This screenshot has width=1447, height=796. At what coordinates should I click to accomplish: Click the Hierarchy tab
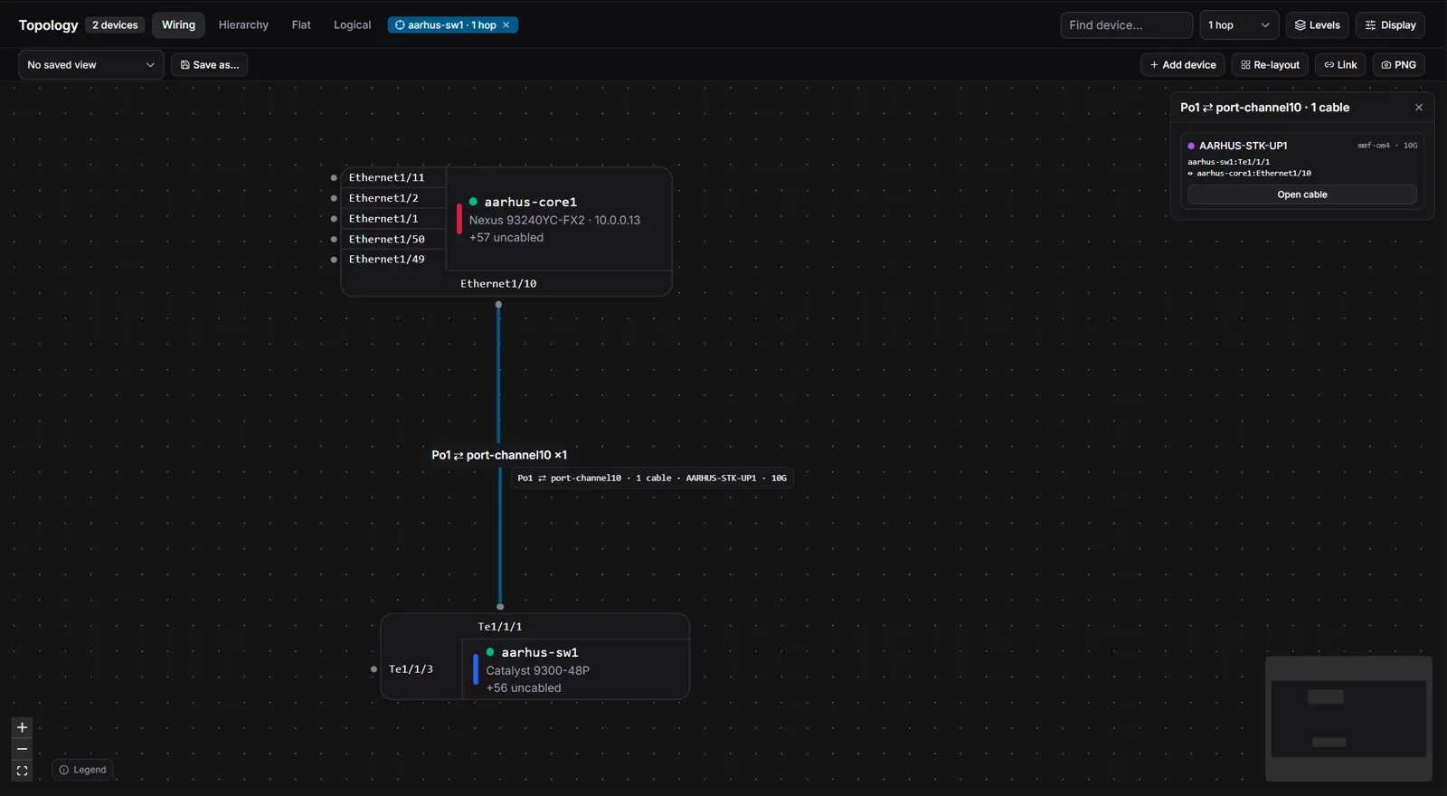click(x=243, y=24)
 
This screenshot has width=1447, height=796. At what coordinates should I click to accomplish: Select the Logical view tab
click(x=352, y=24)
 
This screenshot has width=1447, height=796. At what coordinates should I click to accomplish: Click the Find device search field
click(x=1126, y=25)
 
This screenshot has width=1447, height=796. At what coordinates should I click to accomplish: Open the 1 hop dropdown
click(x=1238, y=25)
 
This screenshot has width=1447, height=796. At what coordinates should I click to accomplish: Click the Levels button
click(x=1317, y=25)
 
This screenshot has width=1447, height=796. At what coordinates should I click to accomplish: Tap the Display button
click(x=1390, y=25)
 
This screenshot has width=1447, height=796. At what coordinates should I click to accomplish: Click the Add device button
click(x=1182, y=64)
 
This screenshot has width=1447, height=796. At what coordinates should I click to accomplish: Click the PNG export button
click(x=1398, y=64)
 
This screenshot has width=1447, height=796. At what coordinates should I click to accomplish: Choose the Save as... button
click(x=209, y=64)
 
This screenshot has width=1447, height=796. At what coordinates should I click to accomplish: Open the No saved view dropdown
click(x=91, y=64)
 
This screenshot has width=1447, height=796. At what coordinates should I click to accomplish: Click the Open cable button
click(x=1301, y=194)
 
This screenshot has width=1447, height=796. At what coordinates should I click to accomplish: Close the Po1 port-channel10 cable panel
click(x=1419, y=108)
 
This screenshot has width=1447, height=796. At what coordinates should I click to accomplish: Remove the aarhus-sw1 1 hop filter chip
click(x=506, y=24)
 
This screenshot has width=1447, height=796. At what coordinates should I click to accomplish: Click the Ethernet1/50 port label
click(x=387, y=239)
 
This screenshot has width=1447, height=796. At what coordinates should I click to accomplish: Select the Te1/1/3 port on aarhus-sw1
click(x=411, y=668)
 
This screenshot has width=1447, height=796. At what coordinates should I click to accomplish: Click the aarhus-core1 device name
click(x=530, y=202)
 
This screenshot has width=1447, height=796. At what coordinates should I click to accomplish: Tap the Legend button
click(x=82, y=770)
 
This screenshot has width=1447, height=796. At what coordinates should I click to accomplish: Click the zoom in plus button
click(x=22, y=727)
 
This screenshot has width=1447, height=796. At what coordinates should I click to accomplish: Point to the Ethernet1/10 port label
click(x=498, y=284)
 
